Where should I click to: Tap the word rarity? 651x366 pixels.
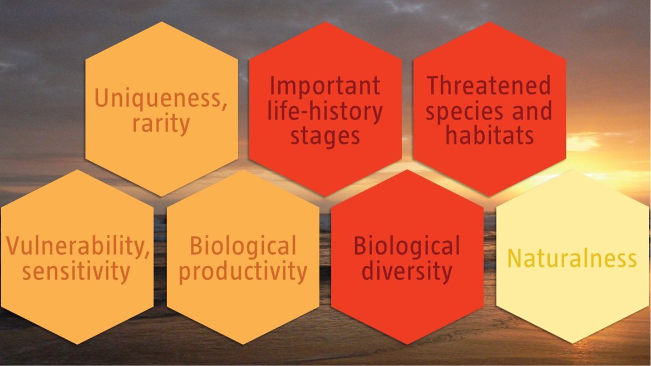pos(161,124)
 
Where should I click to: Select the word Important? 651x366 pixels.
pos(325,86)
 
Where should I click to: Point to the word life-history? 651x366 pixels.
pos(325,111)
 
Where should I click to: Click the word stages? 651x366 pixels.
pos(325,137)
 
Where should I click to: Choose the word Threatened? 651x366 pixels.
pos(489,85)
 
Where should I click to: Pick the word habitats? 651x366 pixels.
pos(490,135)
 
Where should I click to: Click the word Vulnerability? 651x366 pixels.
pos(77,246)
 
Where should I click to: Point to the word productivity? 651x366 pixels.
pos(243,272)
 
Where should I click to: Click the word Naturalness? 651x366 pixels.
pos(571,258)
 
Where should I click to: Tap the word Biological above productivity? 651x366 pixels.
pos(243,246)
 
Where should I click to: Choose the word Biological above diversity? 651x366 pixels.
pos(407,246)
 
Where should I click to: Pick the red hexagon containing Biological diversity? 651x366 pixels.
pos(407,258)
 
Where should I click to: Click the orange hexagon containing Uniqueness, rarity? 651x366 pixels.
pos(161,108)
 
